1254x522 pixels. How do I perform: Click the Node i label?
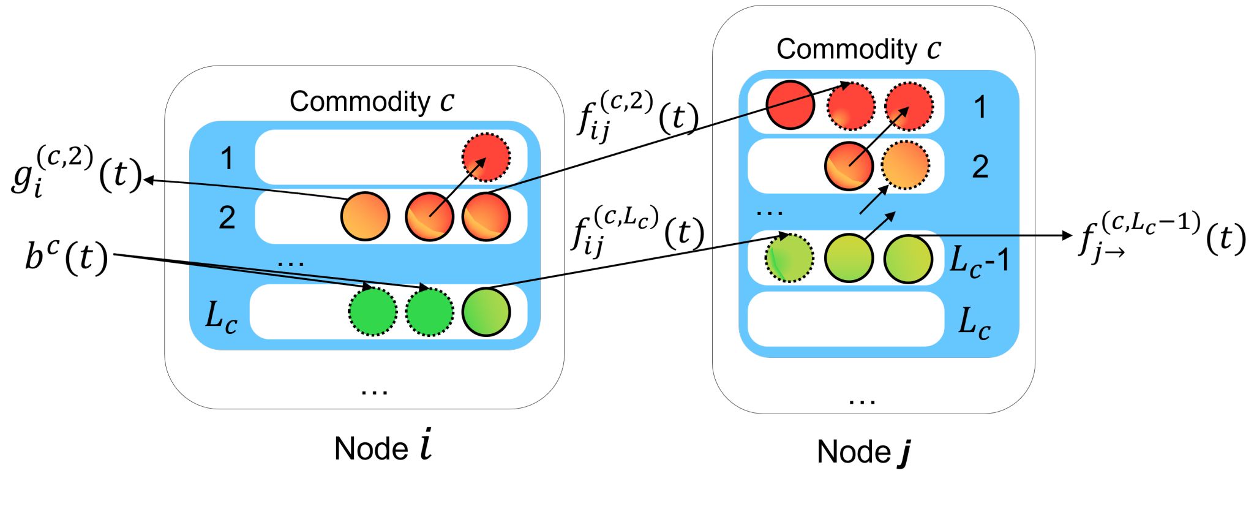pos(383,447)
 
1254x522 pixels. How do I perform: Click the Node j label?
pos(863,452)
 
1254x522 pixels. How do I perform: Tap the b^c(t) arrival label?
pos(66,256)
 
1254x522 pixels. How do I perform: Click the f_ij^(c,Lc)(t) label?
pos(637,232)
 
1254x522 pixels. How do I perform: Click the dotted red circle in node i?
pos(486,157)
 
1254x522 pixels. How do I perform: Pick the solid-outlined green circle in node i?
pos(486,312)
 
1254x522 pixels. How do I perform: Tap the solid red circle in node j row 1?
pos(790,105)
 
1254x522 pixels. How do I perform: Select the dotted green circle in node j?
pos(789,258)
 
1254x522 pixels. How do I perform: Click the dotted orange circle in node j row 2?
pos(905,165)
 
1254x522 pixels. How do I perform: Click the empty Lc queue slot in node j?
pos(846,319)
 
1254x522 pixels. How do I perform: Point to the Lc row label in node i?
pos(221,317)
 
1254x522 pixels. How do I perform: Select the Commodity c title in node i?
pos(372,101)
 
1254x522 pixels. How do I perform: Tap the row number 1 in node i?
pos(227,158)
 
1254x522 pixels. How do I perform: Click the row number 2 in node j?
pos(980,167)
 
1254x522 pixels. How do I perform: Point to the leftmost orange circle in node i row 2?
pos(365,216)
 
